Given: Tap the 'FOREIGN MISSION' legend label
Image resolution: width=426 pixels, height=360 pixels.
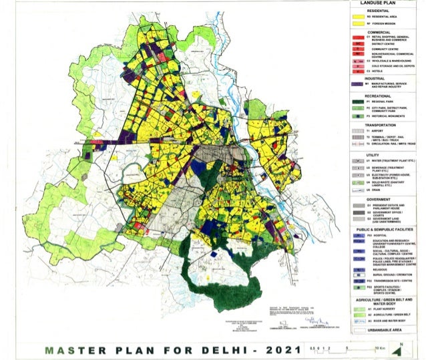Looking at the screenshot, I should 388,24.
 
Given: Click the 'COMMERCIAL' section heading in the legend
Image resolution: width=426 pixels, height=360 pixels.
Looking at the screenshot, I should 378,31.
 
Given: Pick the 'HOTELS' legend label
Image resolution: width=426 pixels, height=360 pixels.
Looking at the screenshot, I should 386,71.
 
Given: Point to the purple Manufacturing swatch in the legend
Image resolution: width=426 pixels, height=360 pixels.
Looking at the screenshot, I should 359,85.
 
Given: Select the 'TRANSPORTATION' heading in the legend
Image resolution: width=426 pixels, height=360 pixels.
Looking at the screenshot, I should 378,124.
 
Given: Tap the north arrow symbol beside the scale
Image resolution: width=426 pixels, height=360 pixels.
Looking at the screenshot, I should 399,346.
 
